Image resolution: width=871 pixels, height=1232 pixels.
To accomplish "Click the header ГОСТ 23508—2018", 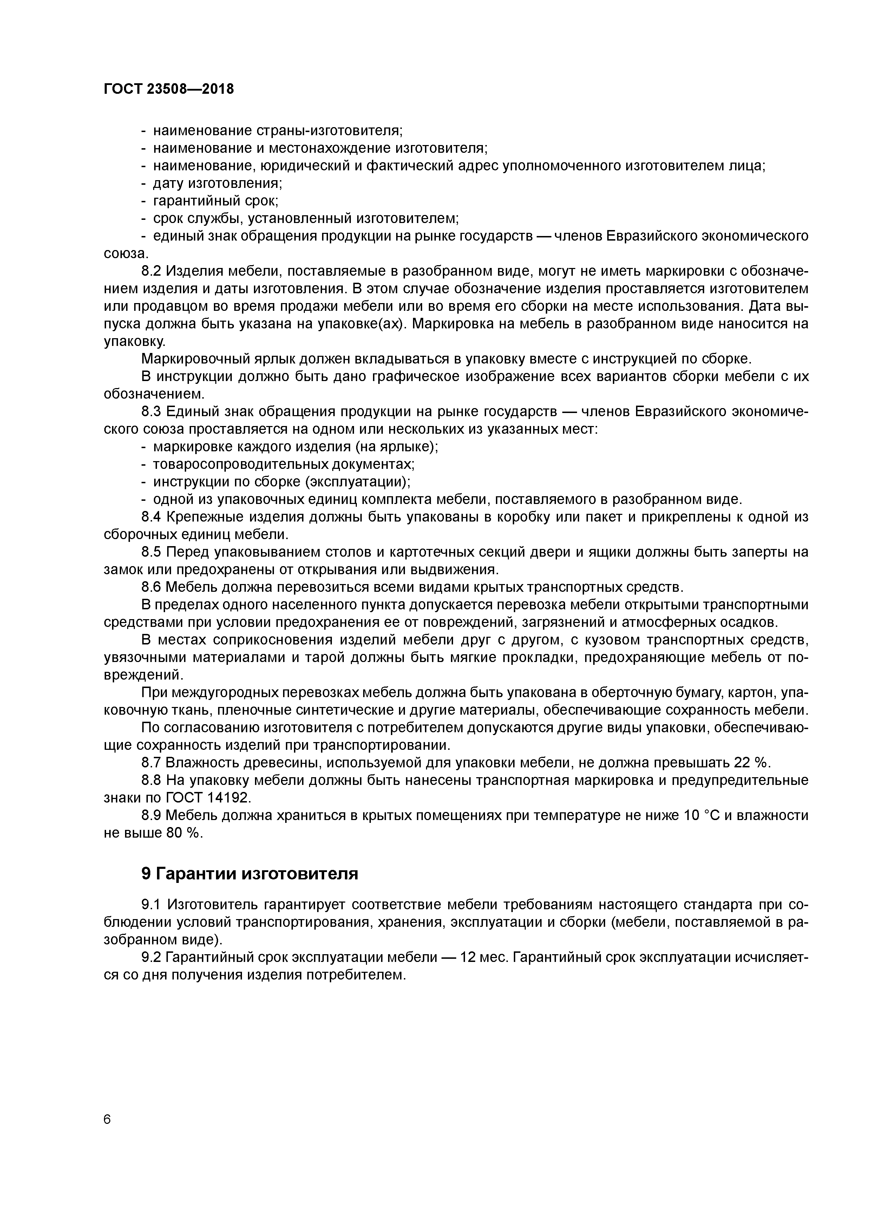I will (169, 89).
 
